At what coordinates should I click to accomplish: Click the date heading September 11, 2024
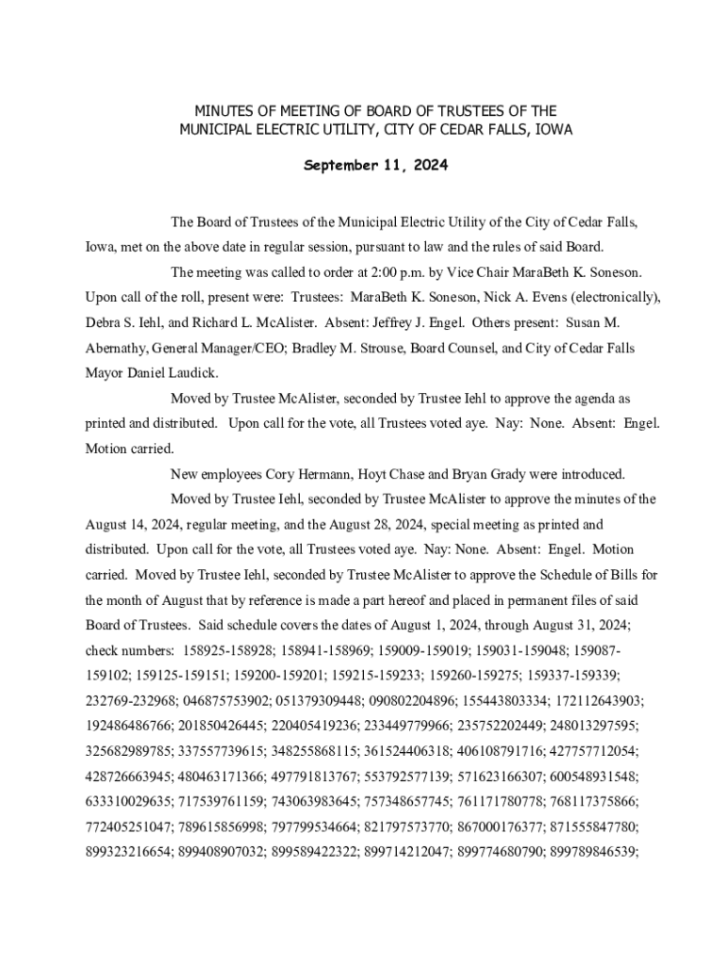(375, 166)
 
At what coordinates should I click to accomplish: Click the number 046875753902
(230, 700)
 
